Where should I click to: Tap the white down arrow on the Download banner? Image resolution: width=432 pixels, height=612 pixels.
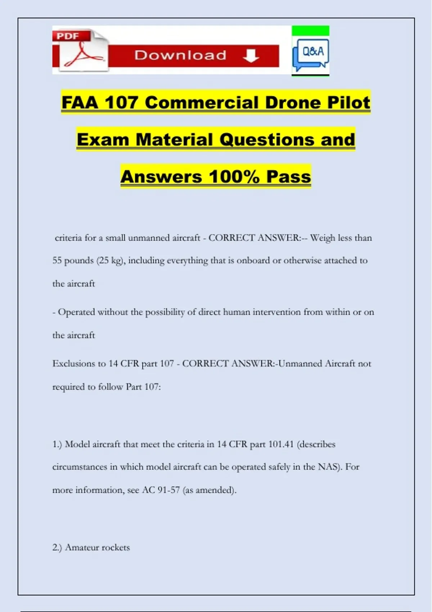tap(251, 56)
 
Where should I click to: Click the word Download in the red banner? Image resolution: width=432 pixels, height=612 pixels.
tap(180, 55)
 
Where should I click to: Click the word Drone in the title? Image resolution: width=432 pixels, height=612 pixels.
tap(289, 103)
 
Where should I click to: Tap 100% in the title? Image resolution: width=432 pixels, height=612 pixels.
tap(234, 177)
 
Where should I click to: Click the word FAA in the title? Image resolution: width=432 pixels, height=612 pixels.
tap(80, 103)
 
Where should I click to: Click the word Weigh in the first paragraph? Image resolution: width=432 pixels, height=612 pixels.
tap(323, 238)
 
